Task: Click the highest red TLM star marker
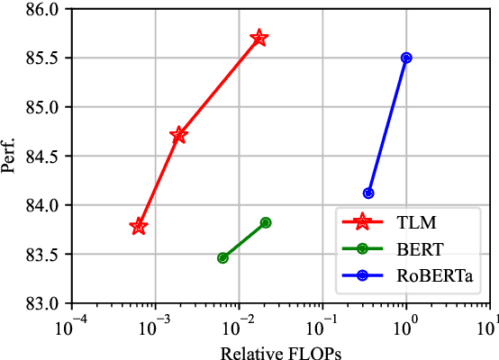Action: pos(259,38)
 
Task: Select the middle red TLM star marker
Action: pos(178,135)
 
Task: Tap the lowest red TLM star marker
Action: pos(139,227)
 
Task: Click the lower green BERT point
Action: pos(222,258)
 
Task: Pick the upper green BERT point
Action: pos(266,222)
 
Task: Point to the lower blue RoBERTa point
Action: pos(368,193)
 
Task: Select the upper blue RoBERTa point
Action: pos(406,58)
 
